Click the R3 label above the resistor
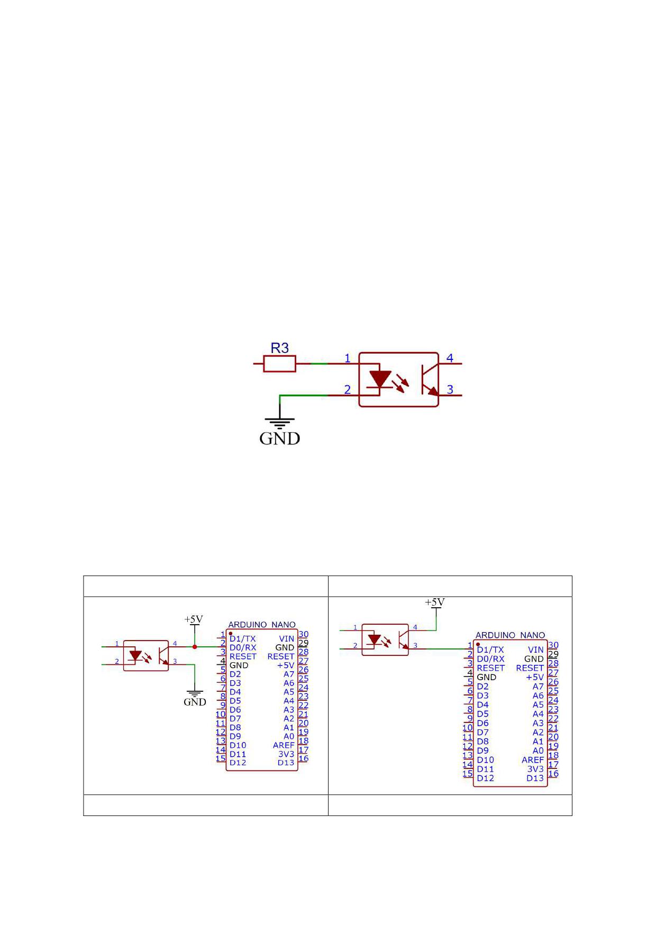280,348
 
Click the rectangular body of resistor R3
279,364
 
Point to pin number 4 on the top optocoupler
450,358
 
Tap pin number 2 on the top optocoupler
348,390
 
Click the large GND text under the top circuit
280,438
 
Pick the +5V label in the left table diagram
194,619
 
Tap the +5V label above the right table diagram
435,602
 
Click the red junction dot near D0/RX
195,647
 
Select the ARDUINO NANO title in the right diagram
510,635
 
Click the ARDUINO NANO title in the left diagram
262,625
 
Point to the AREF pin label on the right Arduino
533,760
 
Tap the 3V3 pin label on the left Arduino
286,754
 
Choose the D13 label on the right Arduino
535,778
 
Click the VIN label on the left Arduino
287,639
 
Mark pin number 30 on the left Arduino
303,634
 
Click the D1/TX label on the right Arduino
490,650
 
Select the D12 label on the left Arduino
238,763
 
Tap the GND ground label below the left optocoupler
195,702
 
